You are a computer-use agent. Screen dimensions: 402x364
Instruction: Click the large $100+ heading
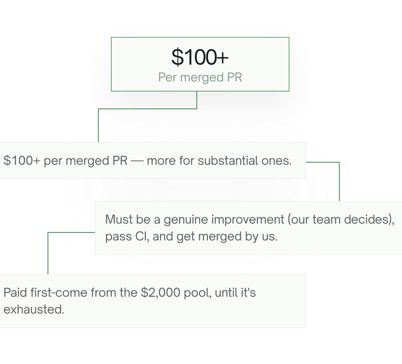(200, 57)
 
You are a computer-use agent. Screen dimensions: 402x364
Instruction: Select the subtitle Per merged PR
(200, 77)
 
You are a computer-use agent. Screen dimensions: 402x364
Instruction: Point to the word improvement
(248, 220)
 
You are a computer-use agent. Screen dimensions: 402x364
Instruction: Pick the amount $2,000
(161, 293)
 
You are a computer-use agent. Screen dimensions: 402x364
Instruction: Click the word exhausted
(34, 309)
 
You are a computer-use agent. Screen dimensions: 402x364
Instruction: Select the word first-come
(59, 293)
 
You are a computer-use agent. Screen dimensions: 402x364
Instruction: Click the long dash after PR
(137, 161)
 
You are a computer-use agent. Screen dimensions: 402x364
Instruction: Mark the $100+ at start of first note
(22, 160)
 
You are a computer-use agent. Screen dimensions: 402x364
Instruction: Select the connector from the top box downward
(147, 109)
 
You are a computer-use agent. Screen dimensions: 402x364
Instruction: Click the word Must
(119, 219)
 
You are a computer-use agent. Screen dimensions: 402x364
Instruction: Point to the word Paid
(15, 293)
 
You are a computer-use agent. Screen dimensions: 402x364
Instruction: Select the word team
(326, 220)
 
